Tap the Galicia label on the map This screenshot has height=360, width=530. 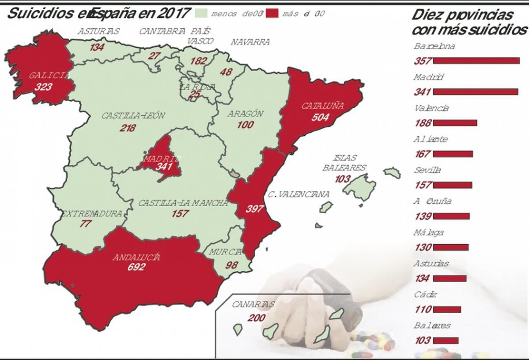tap(49, 76)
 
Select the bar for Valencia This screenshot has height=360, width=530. tap(455, 123)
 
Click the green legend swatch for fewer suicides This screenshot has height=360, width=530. tap(201, 14)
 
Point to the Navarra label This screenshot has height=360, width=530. tap(250, 42)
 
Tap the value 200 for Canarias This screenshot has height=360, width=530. tap(257, 318)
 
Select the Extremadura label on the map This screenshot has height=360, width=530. tap(91, 214)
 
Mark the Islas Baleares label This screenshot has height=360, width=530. tap(344, 163)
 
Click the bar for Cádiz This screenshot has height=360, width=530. tap(447, 310)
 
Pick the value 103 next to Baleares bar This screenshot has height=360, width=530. tap(423, 341)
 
